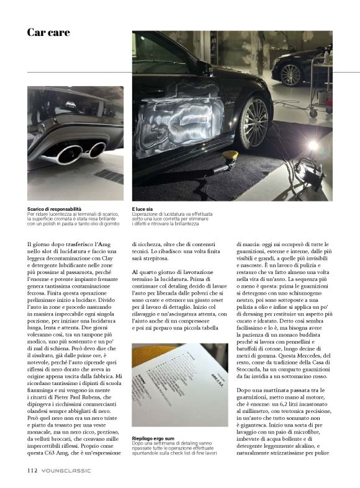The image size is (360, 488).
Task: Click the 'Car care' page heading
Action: pos(48,32)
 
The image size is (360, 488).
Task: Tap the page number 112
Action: pos(32,471)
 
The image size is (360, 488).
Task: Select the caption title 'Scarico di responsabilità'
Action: pos(54,210)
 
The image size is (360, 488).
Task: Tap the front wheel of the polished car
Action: pos(253,122)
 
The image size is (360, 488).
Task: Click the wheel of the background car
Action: pos(290,74)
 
